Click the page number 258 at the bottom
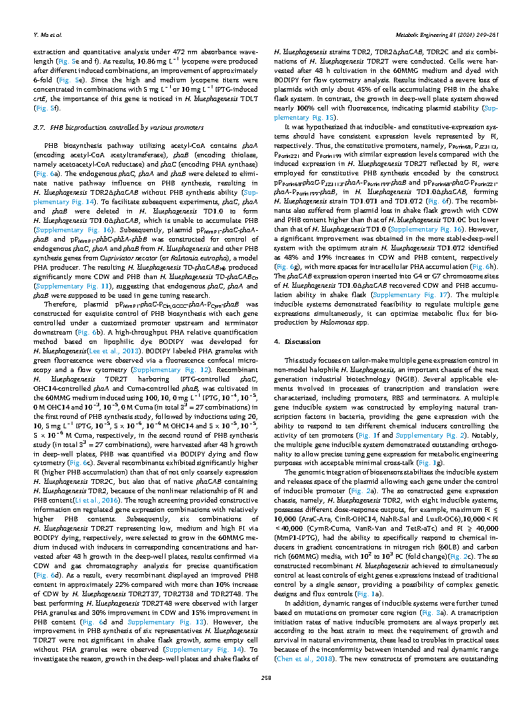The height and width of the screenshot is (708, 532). [265, 680]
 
